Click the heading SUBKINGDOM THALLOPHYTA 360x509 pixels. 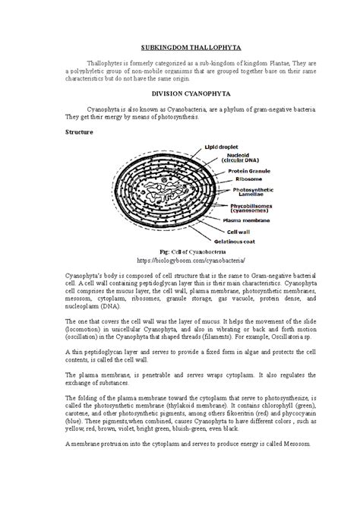(x=179, y=46)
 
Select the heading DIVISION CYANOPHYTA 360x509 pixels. (x=179, y=96)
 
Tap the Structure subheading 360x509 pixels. (x=79, y=131)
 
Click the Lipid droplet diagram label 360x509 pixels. (x=232, y=147)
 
